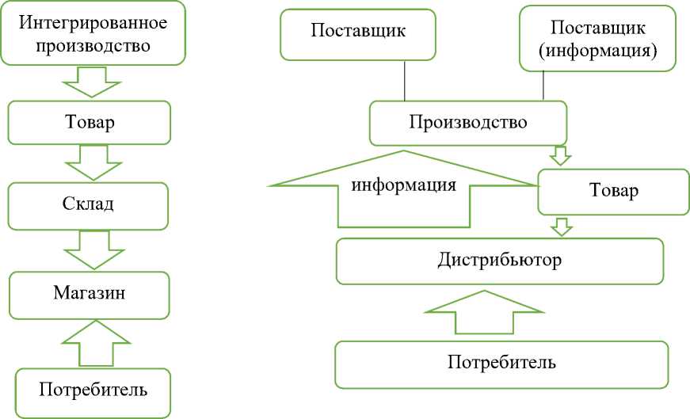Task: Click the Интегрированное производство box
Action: [93, 32]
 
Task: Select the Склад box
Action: [89, 204]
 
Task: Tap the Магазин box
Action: [90, 293]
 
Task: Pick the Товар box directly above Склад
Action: [90, 123]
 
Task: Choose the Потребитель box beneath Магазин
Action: [93, 390]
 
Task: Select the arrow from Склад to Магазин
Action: [93, 249]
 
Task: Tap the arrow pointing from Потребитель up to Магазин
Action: [94, 341]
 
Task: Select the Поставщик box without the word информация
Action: [358, 34]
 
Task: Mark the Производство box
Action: [468, 123]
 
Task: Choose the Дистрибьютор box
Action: [499, 261]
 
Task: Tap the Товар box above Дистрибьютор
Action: [614, 191]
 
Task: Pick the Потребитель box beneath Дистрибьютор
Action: [501, 364]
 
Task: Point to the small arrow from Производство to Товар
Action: [560, 154]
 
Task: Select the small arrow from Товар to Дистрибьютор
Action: [562, 227]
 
